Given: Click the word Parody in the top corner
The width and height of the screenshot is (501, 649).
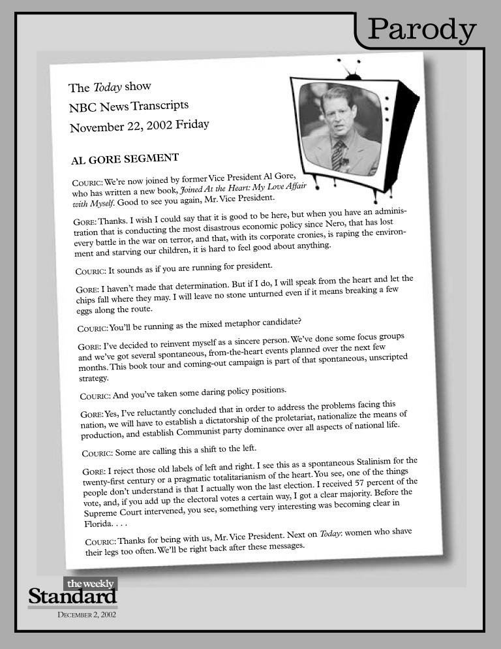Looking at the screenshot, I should coord(421,29).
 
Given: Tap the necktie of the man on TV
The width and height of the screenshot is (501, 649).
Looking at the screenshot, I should coord(337,154).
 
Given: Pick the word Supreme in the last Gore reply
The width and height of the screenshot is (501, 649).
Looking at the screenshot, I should coord(103,514).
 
